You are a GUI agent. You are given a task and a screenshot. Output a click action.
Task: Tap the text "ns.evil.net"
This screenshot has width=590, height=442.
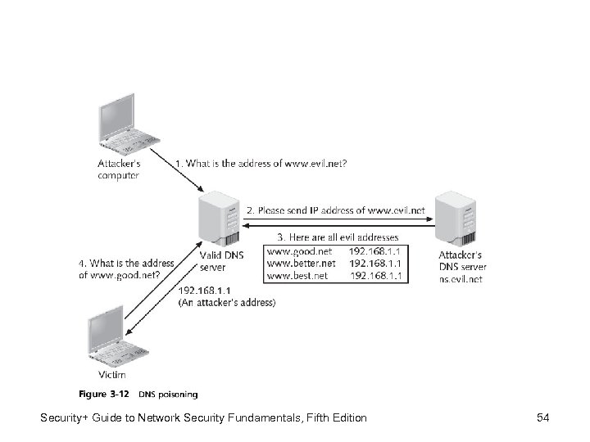461,278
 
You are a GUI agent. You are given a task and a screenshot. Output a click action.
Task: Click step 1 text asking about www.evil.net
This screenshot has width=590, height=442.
261,164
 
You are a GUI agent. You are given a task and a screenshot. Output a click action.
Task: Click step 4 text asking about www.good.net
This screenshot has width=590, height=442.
127,268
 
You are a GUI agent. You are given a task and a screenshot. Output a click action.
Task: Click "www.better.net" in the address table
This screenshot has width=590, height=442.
301,264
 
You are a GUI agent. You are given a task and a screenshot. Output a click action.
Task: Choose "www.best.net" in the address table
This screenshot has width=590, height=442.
297,276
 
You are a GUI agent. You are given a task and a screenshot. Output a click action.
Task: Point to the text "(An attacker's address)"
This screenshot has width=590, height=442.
227,303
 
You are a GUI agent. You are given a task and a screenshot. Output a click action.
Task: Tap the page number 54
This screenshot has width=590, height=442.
542,418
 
